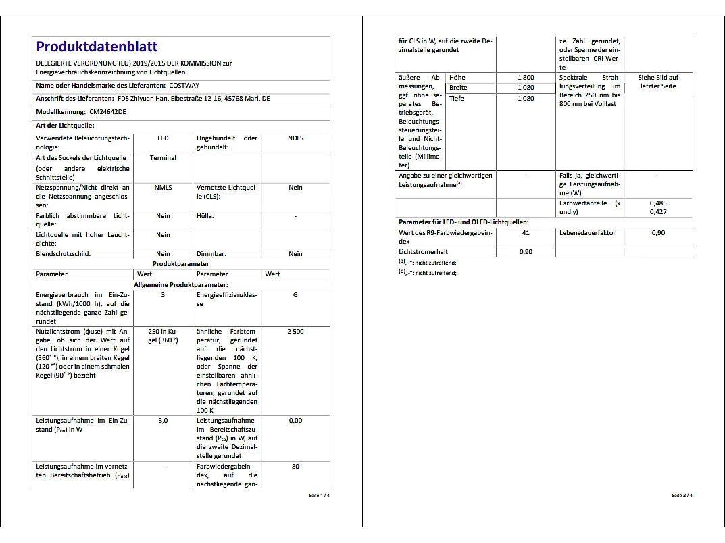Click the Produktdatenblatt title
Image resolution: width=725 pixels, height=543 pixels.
point(97,47)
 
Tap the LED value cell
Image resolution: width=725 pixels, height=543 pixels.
point(163,138)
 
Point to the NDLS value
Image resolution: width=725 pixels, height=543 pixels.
point(295,138)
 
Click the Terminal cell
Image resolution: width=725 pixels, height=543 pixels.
point(163,158)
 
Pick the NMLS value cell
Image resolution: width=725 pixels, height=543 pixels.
point(163,188)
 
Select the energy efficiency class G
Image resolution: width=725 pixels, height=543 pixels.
point(295,295)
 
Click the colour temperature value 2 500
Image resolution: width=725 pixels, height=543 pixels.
point(295,332)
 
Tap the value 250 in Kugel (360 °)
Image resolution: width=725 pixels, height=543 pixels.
point(163,336)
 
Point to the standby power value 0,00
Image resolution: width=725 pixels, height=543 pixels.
point(295,420)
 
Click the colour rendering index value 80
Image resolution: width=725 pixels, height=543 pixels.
point(295,467)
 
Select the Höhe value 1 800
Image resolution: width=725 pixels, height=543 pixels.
point(526,78)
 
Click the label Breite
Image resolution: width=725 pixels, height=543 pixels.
point(459,88)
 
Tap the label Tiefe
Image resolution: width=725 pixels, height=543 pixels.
point(457,99)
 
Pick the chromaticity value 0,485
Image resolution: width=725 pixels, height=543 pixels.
point(658,203)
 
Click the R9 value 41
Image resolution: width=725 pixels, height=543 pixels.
point(526,233)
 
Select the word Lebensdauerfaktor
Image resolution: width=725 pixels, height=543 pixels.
point(587,233)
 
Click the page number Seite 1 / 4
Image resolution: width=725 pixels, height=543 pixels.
point(320,496)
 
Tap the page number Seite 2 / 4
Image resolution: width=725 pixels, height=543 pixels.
point(682,496)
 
